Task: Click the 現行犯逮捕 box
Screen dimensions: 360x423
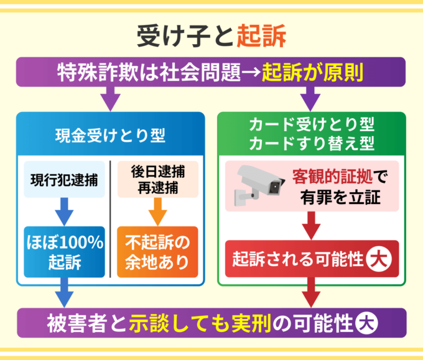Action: tap(64, 180)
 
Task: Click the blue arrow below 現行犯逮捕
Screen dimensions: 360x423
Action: tap(64, 213)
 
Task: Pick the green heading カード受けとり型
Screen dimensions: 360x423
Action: tap(311, 124)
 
